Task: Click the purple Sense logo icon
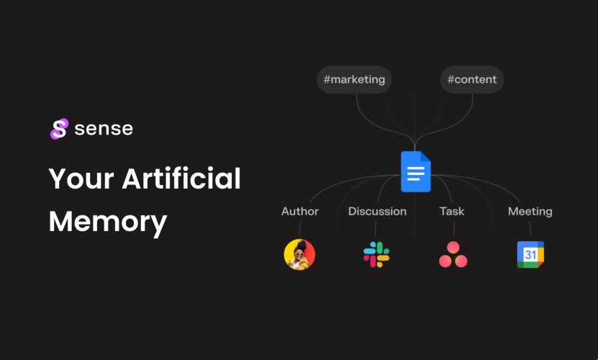tap(58, 129)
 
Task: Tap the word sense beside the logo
tap(104, 129)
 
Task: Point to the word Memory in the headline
tap(108, 221)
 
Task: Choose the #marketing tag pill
tap(354, 80)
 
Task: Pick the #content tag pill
tap(472, 80)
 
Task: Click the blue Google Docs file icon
tap(415, 172)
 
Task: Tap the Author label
tap(300, 212)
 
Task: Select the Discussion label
tap(377, 212)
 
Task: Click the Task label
tap(452, 212)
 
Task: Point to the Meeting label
tap(530, 212)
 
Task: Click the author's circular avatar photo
tap(299, 254)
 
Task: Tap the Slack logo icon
tap(376, 255)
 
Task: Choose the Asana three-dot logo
tap(453, 255)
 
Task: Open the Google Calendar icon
tap(530, 255)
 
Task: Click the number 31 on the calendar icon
tap(530, 255)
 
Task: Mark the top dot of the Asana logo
tap(453, 247)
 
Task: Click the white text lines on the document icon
tap(414, 175)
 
